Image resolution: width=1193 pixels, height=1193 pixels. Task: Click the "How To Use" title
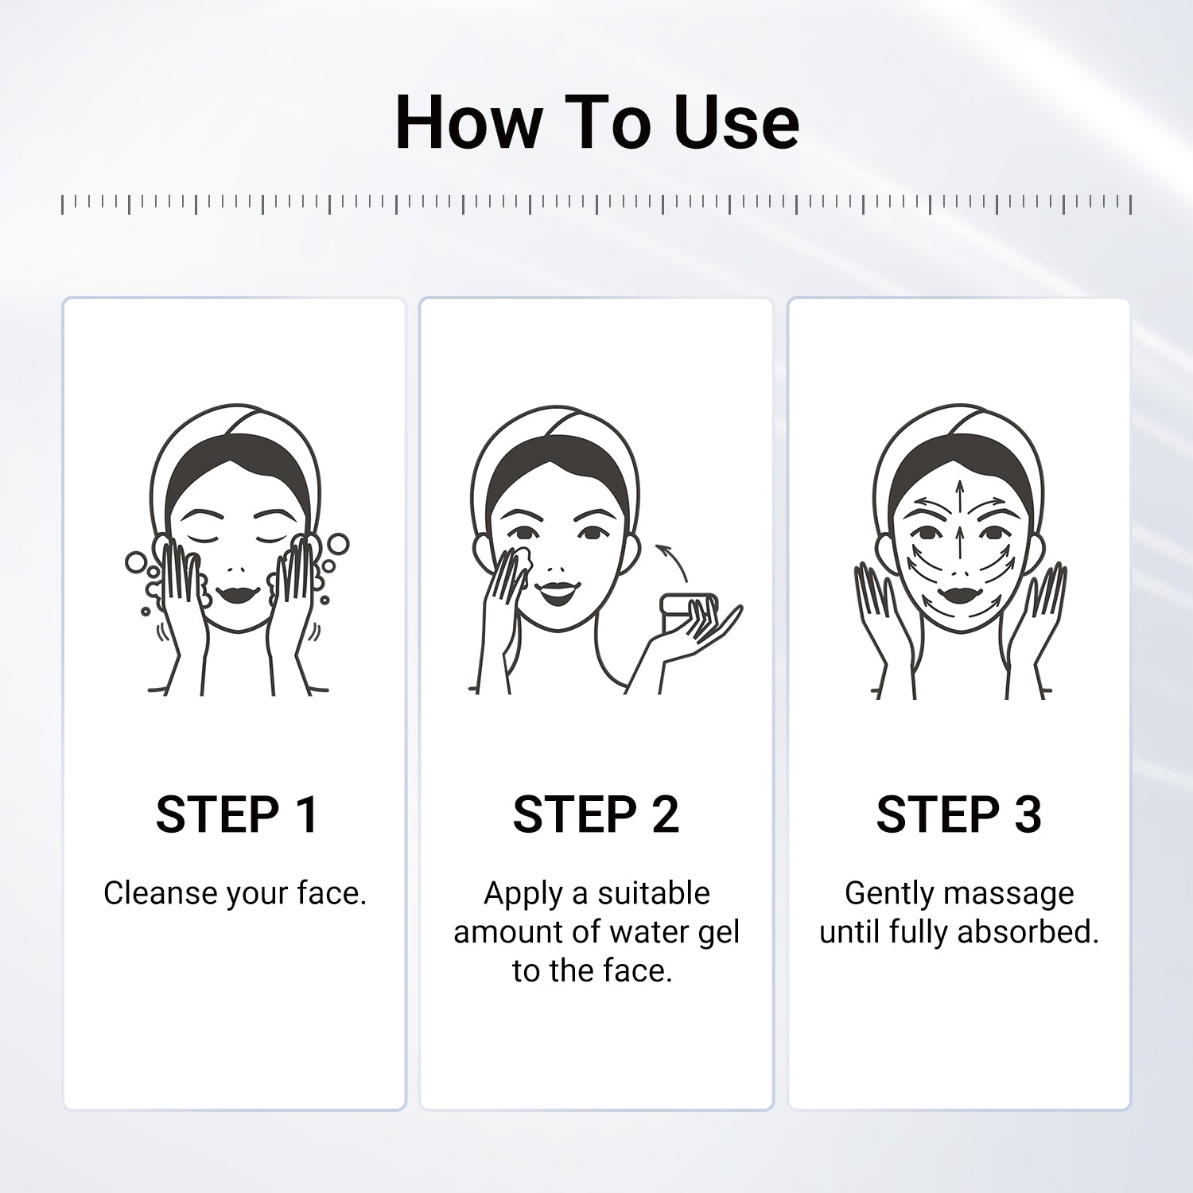596,122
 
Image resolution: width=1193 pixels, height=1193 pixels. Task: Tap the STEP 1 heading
236,814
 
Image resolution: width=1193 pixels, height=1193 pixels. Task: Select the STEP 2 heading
596,814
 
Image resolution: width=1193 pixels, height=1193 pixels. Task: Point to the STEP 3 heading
958,814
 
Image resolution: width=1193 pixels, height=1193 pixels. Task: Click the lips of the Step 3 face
961,596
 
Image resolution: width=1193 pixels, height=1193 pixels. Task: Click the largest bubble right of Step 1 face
338,544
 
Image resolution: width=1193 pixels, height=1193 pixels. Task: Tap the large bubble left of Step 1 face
136,562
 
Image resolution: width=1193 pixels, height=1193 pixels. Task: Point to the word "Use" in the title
736,122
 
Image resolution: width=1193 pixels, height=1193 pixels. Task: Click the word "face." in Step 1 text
332,893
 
